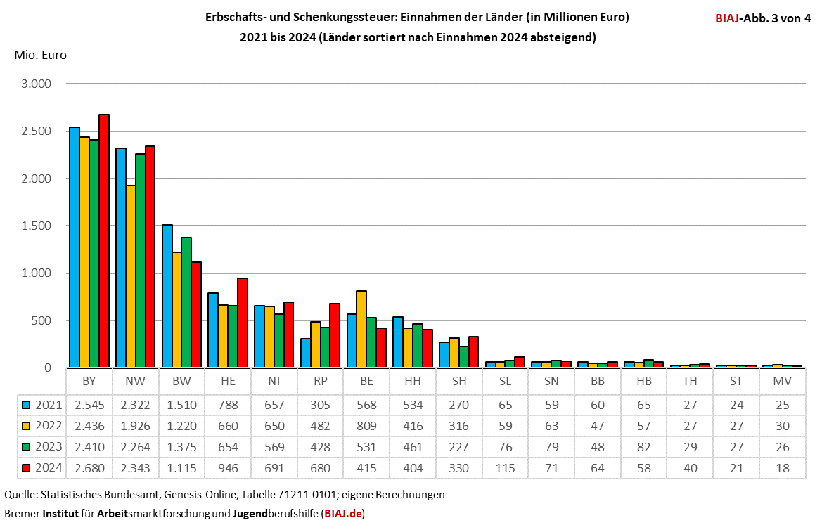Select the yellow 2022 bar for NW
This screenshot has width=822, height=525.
pyautogui.click(x=131, y=276)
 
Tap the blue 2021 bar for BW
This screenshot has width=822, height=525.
pyautogui.click(x=167, y=296)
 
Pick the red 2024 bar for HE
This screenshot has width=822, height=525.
pyautogui.click(x=243, y=323)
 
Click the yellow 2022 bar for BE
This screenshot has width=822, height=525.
pyautogui.click(x=361, y=328)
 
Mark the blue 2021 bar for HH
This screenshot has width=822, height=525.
pyautogui.click(x=398, y=342)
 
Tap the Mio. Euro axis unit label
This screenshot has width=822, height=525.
pyautogui.click(x=40, y=55)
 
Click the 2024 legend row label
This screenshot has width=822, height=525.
pyautogui.click(x=49, y=468)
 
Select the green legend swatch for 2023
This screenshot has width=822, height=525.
pyautogui.click(x=27, y=447)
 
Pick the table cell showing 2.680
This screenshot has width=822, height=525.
pyautogui.click(x=89, y=468)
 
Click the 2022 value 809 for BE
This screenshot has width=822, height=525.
pyautogui.click(x=366, y=426)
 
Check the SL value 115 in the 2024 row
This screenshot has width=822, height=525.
pyautogui.click(x=505, y=468)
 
